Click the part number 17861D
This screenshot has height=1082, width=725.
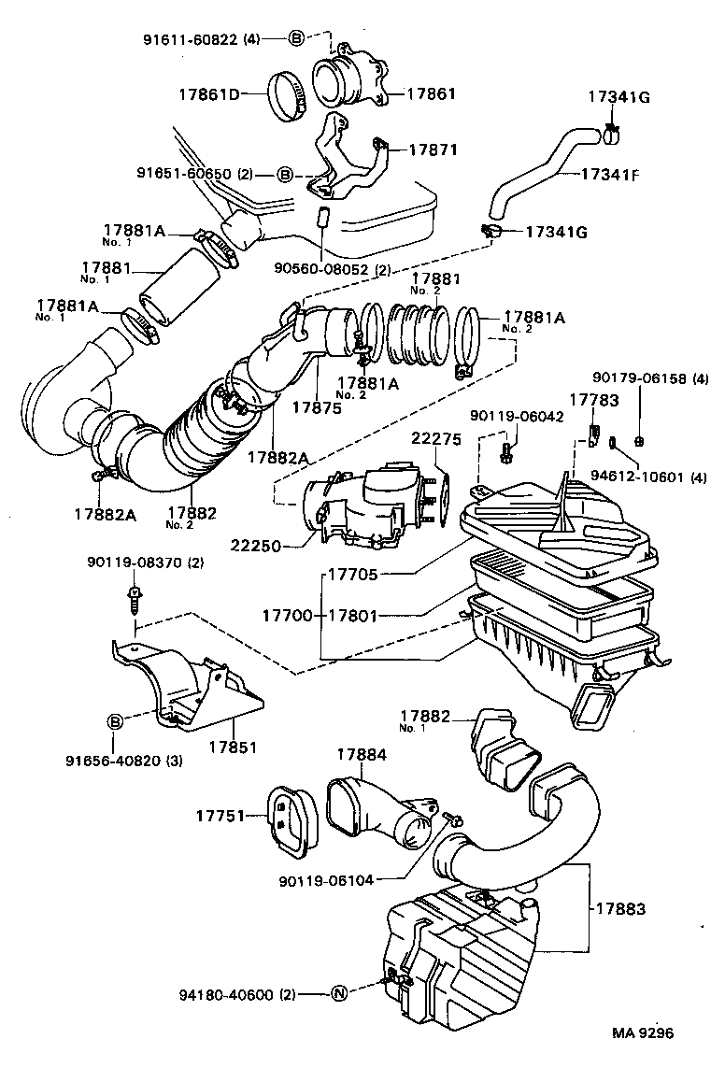click(x=210, y=93)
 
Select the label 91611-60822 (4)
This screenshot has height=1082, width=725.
click(x=201, y=39)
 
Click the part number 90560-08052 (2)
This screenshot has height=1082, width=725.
click(x=333, y=270)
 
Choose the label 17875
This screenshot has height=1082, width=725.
click(x=318, y=407)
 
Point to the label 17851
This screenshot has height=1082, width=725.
click(x=234, y=747)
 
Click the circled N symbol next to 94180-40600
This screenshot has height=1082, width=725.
click(x=341, y=995)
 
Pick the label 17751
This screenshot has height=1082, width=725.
click(x=221, y=817)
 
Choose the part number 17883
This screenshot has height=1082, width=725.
click(x=619, y=907)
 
